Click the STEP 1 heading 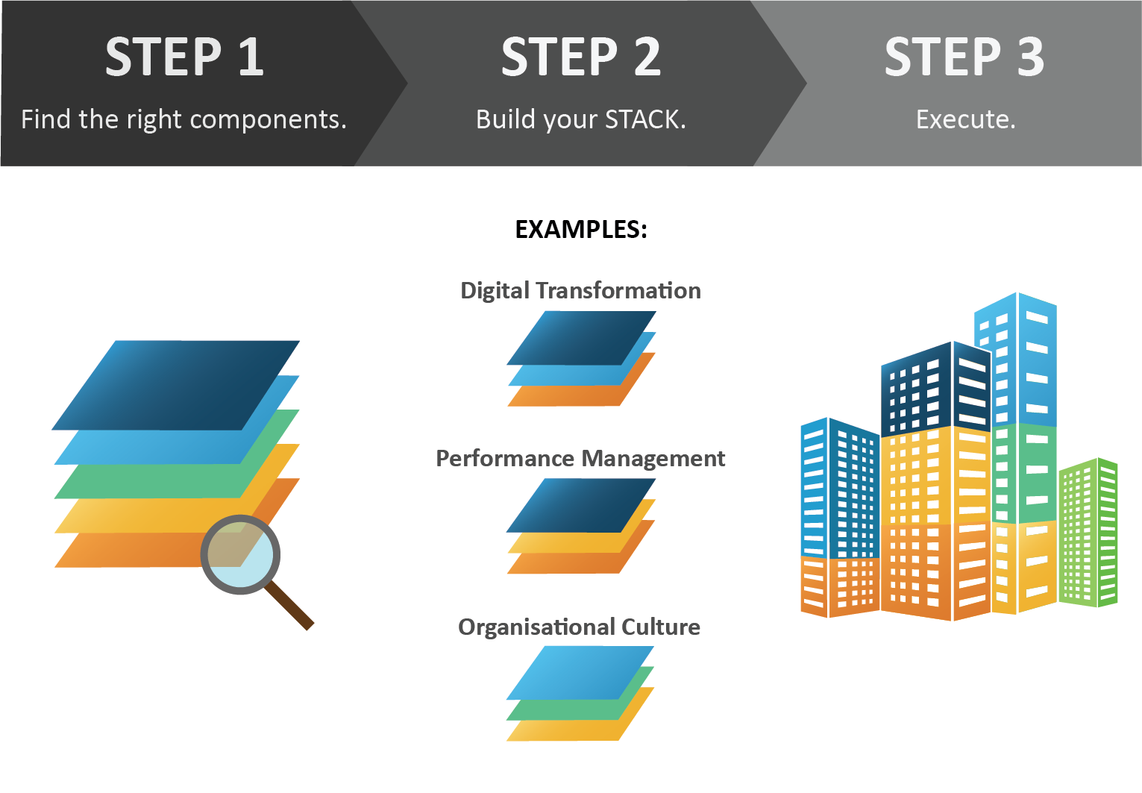(184, 57)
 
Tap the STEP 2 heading (580, 57)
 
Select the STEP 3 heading (964, 57)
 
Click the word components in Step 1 (269, 120)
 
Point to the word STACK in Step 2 (645, 119)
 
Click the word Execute (966, 119)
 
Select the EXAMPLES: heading (581, 230)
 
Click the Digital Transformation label (580, 291)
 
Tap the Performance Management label (580, 459)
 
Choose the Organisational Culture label (579, 627)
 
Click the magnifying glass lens (240, 554)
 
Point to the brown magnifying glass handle (289, 605)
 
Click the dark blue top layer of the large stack (176, 385)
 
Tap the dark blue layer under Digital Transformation (581, 338)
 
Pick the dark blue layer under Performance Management (581, 505)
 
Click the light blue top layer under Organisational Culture (580, 673)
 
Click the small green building (1088, 533)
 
